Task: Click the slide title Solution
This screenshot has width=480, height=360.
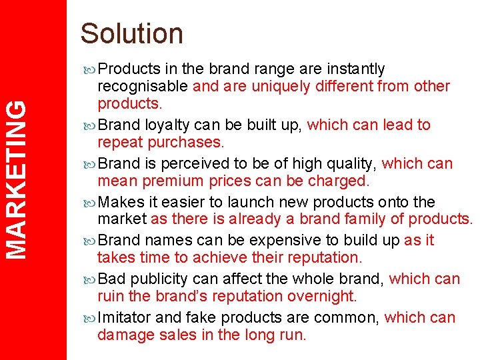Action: coord(131,34)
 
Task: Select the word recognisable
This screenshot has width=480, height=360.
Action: coord(143,87)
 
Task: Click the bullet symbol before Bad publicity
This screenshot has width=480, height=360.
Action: coord(90,279)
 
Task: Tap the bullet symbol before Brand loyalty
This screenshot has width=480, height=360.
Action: coord(90,125)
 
